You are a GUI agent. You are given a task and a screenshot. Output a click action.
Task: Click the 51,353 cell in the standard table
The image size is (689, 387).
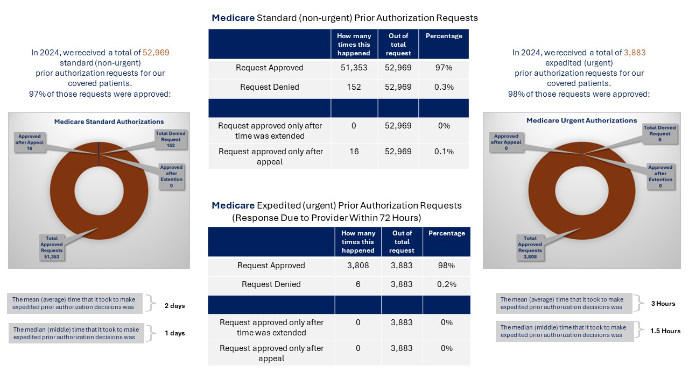pyautogui.click(x=354, y=68)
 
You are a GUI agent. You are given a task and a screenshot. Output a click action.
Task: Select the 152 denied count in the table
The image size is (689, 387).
pyautogui.click(x=354, y=87)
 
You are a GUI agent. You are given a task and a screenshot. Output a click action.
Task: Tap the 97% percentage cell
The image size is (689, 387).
pyautogui.click(x=444, y=68)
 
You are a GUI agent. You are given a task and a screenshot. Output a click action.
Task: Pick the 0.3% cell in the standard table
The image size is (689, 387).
pyautogui.click(x=444, y=87)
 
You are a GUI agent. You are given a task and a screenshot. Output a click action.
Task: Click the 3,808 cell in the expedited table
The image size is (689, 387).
pyautogui.click(x=358, y=266)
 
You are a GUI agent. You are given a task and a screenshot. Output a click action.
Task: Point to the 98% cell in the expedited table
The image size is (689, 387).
pyautogui.click(x=446, y=266)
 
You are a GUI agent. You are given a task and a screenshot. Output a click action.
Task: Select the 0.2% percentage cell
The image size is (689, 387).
pyautogui.click(x=446, y=284)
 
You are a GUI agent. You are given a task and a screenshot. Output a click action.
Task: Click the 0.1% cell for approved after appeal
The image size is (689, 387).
pyautogui.click(x=444, y=152)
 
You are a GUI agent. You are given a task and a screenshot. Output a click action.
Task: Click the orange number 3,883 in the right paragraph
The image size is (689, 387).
pyautogui.click(x=635, y=53)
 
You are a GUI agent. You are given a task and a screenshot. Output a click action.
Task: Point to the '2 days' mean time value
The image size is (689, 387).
pyautogui.click(x=174, y=306)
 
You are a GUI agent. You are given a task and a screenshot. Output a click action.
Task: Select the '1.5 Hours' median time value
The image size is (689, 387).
pyautogui.click(x=665, y=331)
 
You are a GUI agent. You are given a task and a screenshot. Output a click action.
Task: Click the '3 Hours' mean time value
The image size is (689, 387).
pyautogui.click(x=663, y=304)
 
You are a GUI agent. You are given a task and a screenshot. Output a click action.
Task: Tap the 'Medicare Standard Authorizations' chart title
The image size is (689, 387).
pyautogui.click(x=109, y=122)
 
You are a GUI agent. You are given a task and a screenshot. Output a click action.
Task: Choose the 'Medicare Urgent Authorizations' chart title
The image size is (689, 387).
pyautogui.click(x=581, y=121)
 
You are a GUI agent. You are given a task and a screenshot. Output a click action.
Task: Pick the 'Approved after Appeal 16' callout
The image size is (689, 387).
pyautogui.click(x=29, y=143)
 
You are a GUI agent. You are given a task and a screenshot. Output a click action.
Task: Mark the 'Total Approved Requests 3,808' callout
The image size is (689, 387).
pyautogui.click(x=530, y=247)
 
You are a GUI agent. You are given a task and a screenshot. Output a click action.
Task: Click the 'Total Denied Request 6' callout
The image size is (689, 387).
pyautogui.click(x=659, y=134)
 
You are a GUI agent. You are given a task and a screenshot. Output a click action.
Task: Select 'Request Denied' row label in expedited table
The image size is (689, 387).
pyautogui.click(x=271, y=284)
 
